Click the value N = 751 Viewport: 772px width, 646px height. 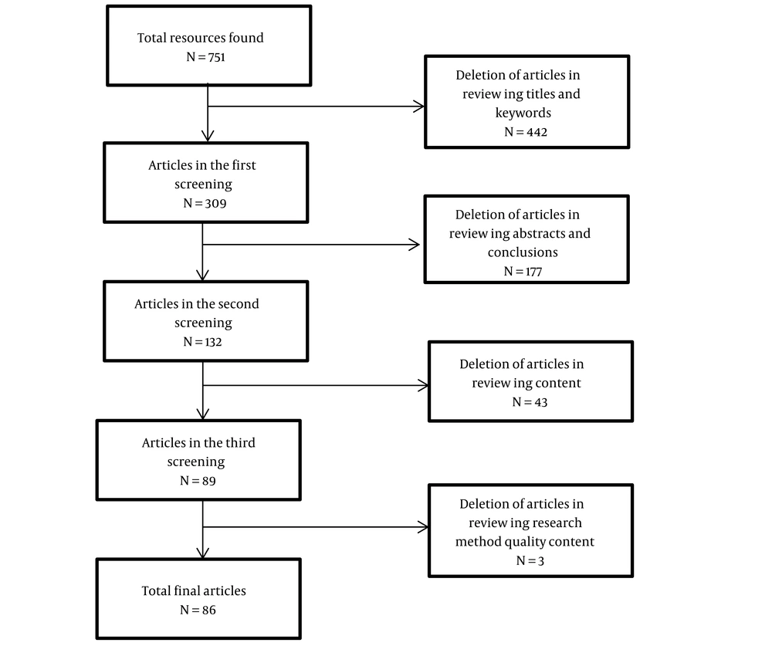point(205,57)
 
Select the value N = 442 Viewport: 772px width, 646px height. point(525,132)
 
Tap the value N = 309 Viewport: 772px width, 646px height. point(205,203)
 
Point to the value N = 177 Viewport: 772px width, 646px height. point(523,272)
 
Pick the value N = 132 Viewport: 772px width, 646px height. point(202,342)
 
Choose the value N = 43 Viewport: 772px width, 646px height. point(530,402)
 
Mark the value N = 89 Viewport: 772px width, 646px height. point(198,481)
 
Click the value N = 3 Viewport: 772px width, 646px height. point(530,561)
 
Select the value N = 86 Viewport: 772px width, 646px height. point(198,610)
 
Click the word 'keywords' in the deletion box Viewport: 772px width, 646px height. point(523,113)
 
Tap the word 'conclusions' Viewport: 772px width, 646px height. point(523,252)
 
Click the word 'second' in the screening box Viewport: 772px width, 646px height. point(238,304)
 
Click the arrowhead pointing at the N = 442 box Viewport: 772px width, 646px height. point(419,107)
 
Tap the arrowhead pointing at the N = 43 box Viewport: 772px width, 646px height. point(423,386)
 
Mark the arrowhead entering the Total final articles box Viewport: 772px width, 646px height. point(203,553)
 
